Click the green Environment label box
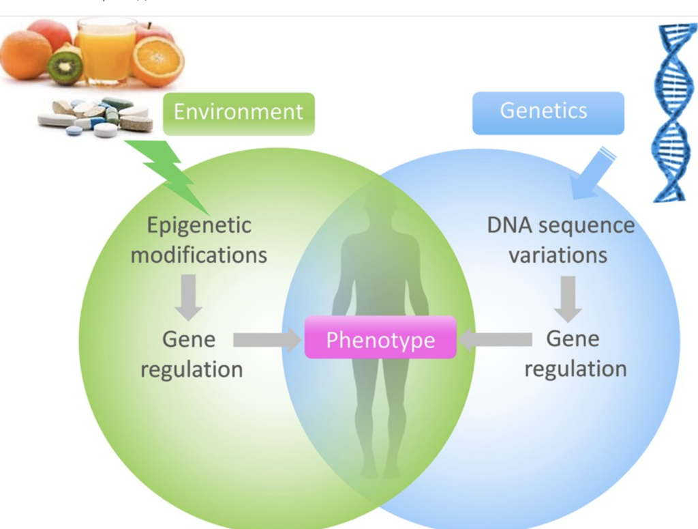point(238,113)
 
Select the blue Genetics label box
point(547,111)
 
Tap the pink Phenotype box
point(380,339)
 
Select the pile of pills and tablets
point(95,117)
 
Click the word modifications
point(199,255)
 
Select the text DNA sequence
point(560,225)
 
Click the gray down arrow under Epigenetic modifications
point(188,297)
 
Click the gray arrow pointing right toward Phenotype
point(267,339)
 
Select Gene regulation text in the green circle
point(191,354)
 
